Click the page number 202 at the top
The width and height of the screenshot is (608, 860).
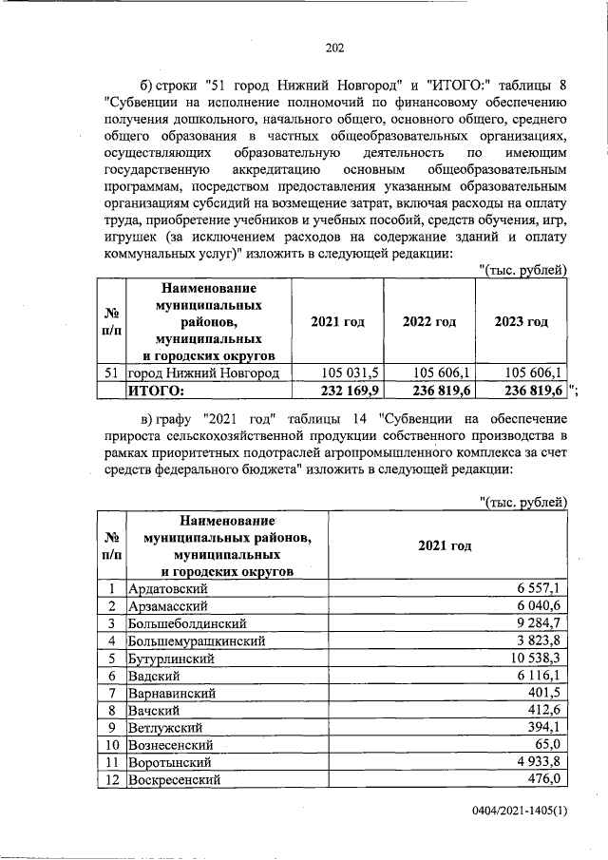click(x=332, y=48)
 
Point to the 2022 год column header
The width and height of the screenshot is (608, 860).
click(x=428, y=322)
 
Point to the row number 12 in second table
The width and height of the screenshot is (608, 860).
click(x=110, y=779)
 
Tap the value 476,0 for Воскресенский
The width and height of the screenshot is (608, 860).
click(x=545, y=779)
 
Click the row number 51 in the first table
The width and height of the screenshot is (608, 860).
click(x=110, y=373)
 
